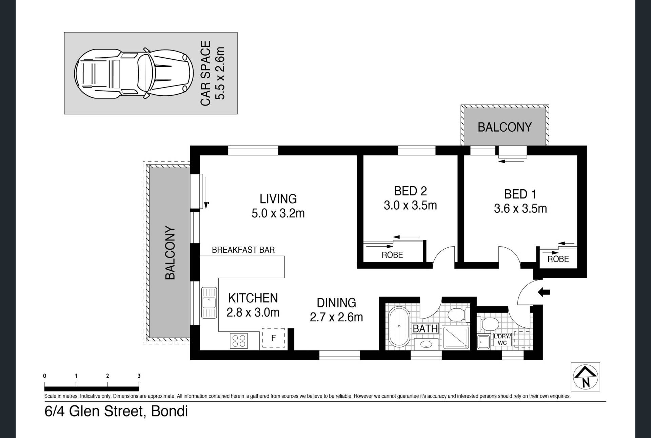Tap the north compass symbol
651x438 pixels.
[585, 377]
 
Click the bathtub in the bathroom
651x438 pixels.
[399, 326]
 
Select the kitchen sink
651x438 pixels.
[209, 303]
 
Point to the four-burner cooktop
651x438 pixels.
[239, 340]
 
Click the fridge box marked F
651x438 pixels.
[273, 338]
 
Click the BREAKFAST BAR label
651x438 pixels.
[243, 250]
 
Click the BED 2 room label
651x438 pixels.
[410, 191]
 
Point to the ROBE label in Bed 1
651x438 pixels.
[558, 259]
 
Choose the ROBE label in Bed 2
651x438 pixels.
[392, 255]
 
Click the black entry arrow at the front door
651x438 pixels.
[544, 292]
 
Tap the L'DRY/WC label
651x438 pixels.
[502, 340]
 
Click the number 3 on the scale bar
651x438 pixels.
[139, 376]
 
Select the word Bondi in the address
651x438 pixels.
[169, 411]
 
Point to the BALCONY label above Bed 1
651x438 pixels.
[505, 127]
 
